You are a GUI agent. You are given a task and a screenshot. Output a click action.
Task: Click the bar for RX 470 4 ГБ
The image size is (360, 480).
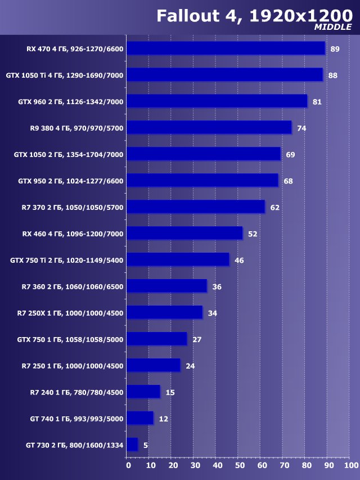click(226, 48)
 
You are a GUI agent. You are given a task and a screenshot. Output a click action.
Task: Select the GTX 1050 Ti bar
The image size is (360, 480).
click(224, 75)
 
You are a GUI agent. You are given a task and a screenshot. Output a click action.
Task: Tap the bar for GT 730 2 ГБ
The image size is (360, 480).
click(132, 445)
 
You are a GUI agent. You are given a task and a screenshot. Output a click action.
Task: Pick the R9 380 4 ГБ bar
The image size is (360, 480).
click(209, 128)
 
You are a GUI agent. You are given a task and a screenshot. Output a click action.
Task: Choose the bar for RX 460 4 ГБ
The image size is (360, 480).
click(184, 233)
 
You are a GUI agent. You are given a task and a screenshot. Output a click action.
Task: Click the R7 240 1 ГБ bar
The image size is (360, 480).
click(143, 392)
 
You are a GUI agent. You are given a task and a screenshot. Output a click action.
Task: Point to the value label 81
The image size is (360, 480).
click(317, 102)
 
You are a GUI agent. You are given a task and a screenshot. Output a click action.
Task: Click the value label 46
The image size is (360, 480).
click(239, 261)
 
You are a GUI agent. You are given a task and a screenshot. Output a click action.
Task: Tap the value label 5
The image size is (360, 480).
click(146, 445)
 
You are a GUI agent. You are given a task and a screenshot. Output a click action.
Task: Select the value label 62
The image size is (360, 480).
click(274, 208)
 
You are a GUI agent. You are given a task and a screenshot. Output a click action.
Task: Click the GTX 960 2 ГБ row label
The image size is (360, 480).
click(70, 101)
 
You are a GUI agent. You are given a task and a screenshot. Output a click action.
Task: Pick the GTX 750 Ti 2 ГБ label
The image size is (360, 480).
click(66, 260)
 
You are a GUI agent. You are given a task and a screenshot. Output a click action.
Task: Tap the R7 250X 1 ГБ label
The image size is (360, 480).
click(70, 313)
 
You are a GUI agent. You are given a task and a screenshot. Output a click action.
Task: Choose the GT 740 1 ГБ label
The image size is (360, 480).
click(76, 419)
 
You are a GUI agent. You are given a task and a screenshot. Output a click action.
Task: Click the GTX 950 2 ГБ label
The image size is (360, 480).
click(70, 181)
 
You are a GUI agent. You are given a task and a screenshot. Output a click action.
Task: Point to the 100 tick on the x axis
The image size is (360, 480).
click(350, 465)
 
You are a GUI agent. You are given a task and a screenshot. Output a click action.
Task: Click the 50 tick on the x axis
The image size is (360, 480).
click(239, 465)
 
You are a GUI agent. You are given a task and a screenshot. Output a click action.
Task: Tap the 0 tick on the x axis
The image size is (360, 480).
click(128, 465)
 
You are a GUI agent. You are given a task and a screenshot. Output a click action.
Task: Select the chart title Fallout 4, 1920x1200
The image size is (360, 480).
click(254, 15)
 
